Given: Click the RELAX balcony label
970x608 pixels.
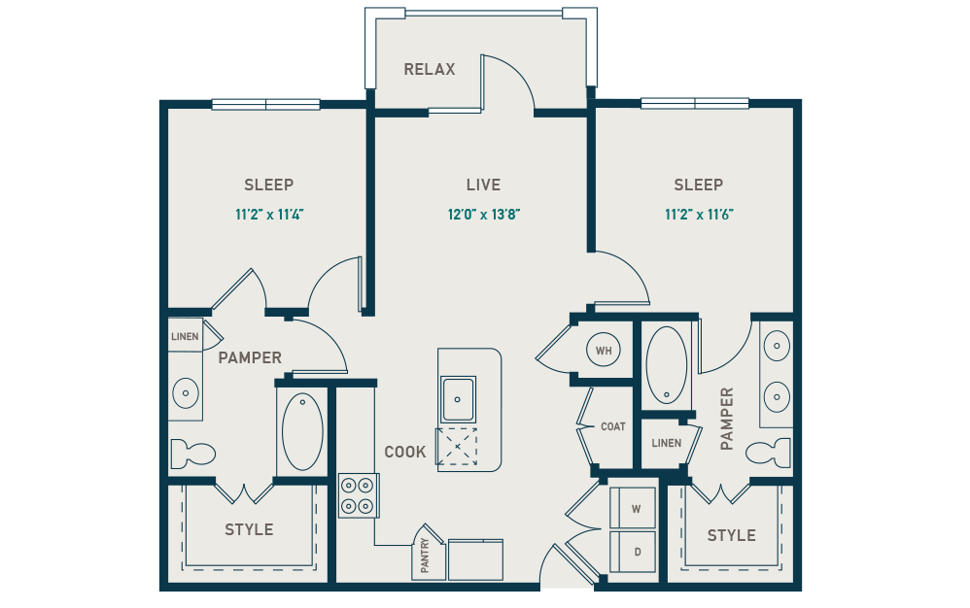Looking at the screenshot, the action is coord(429,70).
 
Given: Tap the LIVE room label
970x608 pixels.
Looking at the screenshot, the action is coord(483,185).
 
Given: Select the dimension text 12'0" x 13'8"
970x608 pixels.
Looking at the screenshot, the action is coord(483,215).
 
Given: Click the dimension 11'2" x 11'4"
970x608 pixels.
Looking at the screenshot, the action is coord(269,215).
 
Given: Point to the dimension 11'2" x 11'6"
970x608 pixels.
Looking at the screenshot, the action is coord(698,215).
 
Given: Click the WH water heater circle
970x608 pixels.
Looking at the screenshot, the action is coord(604,350).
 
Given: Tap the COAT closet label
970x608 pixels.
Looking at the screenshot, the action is coord(612,426).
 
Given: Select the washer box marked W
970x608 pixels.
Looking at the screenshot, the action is coord(633,508).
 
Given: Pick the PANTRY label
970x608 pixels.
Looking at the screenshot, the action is coord(426,557).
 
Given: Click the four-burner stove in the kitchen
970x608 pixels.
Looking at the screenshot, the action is coord(358,494).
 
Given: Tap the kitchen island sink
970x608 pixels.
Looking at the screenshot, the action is coord(458,398).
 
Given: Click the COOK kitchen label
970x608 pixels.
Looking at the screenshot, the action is coord(405,452).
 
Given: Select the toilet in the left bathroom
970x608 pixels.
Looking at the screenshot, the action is coord(191,454).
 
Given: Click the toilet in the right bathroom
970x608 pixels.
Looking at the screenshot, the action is coord(771,452).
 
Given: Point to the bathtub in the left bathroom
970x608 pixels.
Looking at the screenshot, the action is coord(302,431).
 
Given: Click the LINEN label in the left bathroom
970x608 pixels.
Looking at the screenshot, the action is coord(185,337).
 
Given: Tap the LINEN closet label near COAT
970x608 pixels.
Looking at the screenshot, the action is coord(666,443).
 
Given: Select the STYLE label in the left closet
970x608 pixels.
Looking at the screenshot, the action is coord(249,529).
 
